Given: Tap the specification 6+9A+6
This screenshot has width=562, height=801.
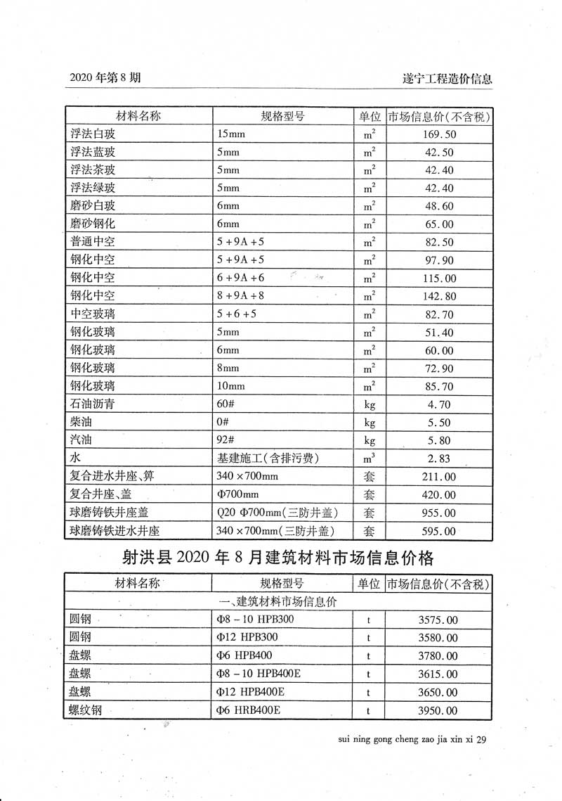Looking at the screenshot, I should point(241,278).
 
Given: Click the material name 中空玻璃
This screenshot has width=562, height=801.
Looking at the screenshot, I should point(93,314).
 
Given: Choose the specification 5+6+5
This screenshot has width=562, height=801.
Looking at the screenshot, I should point(237,314).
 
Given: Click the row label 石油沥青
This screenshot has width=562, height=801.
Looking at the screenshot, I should point(93,404).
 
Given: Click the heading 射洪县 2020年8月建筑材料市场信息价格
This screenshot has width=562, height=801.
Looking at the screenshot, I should point(278,558).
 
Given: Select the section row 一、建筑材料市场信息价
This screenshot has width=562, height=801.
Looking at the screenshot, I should point(278,601).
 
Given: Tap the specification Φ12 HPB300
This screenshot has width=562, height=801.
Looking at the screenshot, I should point(248,638).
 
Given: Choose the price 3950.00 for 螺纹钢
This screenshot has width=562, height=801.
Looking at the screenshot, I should point(437,711).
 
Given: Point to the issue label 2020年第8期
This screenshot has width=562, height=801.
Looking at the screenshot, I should point(105,78).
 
